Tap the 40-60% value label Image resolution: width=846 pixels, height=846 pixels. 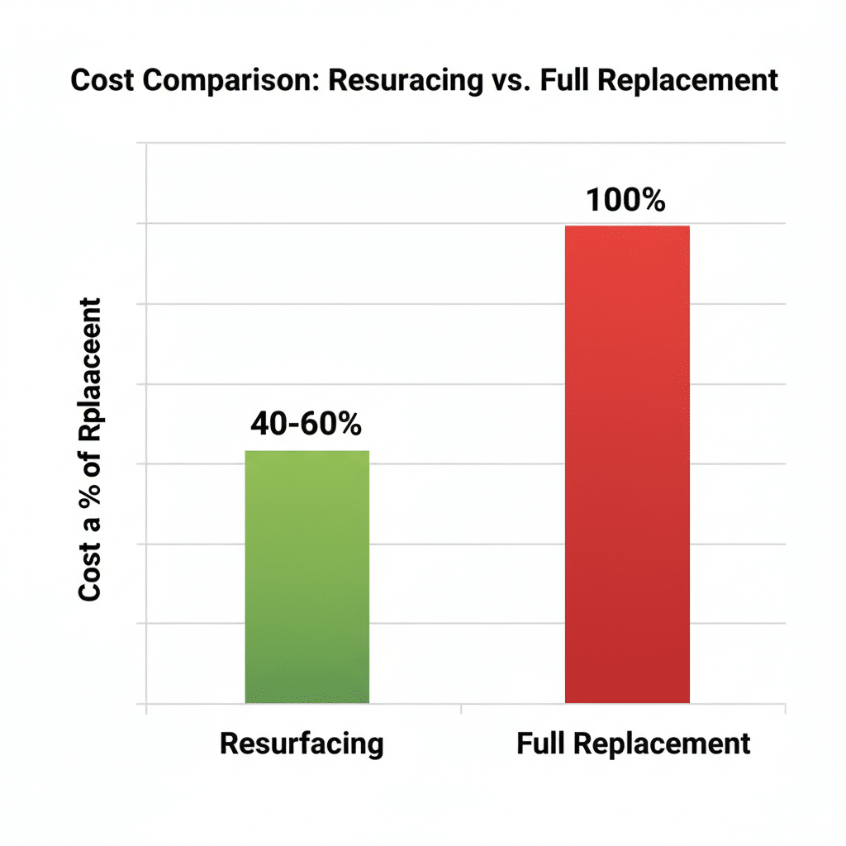tap(306, 424)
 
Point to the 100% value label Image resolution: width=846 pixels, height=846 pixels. tap(626, 201)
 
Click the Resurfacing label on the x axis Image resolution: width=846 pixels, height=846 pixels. tap(302, 744)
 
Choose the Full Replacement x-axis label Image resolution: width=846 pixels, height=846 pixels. tap(634, 744)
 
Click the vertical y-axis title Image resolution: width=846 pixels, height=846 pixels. tap(88, 450)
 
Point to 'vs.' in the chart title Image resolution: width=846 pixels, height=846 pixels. tap(516, 80)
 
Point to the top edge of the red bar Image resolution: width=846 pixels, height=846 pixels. tap(627, 226)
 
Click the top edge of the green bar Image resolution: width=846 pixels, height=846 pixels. tap(307, 451)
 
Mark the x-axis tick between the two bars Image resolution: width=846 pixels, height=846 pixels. tap(460, 708)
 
